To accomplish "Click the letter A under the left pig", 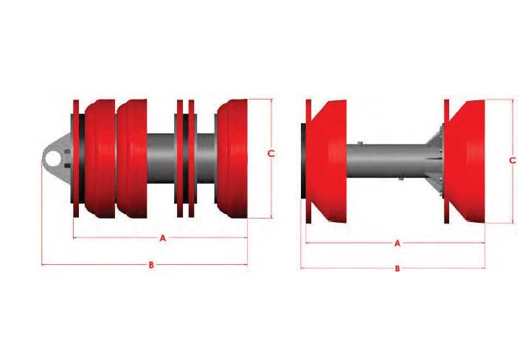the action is [x=162, y=238].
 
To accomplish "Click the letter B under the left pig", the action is [x=151, y=265].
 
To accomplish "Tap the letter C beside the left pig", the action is [x=271, y=153].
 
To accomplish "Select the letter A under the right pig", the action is [x=398, y=243].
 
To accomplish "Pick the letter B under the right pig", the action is [x=398, y=269].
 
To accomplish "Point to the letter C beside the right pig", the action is [x=513, y=160].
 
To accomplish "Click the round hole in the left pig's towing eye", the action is [x=53, y=159].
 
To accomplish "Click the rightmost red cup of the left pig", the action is [x=232, y=159].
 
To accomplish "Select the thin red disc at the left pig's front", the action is [x=76, y=159].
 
